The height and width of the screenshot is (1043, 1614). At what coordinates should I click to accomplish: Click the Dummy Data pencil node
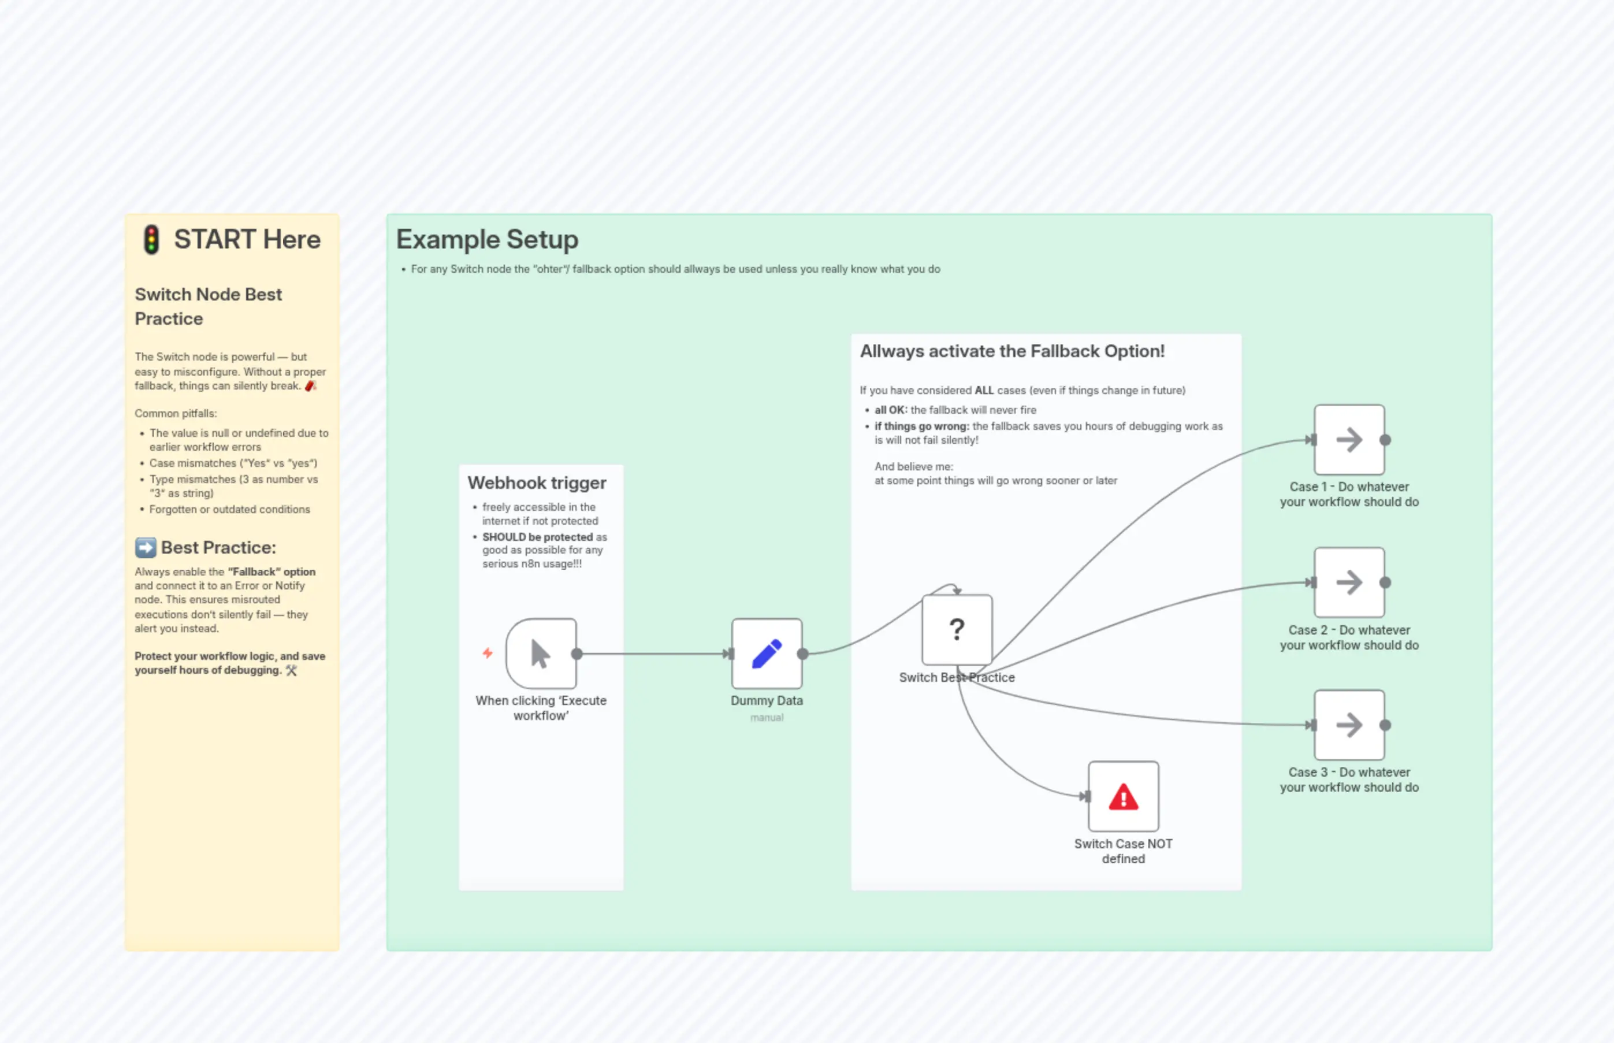[x=767, y=654]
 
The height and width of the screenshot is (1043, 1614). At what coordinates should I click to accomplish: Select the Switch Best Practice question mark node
[x=957, y=630]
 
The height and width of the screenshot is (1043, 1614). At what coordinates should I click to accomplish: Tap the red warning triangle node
[x=1123, y=796]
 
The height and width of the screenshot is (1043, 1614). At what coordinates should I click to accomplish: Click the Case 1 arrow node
[x=1349, y=440]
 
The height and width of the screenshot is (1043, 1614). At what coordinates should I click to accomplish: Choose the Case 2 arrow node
[x=1349, y=582]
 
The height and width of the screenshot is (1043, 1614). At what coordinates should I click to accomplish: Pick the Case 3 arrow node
[x=1349, y=725]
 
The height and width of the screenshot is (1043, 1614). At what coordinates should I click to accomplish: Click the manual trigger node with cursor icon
[x=540, y=654]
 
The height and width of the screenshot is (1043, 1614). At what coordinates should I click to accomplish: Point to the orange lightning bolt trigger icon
[x=488, y=653]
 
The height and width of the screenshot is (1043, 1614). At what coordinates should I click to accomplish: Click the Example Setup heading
[x=487, y=240]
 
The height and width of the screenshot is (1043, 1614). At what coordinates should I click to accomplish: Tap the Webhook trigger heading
[x=536, y=483]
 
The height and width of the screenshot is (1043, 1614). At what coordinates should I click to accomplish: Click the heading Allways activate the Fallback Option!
[x=1011, y=351]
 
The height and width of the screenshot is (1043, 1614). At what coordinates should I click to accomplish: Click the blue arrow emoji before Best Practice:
[x=145, y=547]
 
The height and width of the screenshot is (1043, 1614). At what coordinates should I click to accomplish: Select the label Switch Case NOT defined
[x=1123, y=851]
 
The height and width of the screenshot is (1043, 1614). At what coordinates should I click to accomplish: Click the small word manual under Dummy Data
[x=767, y=718]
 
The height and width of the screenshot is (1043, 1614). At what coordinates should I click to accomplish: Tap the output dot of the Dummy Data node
[x=802, y=654]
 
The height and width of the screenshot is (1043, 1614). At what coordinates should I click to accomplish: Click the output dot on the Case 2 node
[x=1385, y=582]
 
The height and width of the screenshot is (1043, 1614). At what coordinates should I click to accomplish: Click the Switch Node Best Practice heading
[x=208, y=307]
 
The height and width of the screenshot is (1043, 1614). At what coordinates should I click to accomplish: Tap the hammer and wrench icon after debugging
[x=291, y=670]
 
